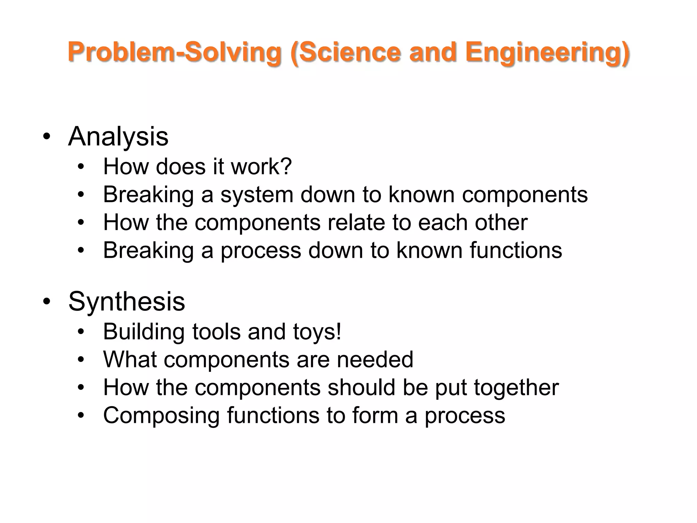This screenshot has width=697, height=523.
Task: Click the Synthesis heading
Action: pos(127,302)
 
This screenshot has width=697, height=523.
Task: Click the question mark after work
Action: pos(287,167)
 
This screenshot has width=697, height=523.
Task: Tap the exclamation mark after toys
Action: pos(338,332)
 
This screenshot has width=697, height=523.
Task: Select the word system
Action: pos(257,195)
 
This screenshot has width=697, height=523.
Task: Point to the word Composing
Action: pos(161,415)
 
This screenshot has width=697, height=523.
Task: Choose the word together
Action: pos(516,388)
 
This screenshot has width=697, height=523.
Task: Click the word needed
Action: pos(375,360)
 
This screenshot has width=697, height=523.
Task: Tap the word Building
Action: pos(144,332)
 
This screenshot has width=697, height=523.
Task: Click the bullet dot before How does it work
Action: pos(81,167)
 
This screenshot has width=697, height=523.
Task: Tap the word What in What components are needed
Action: pos(130,360)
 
